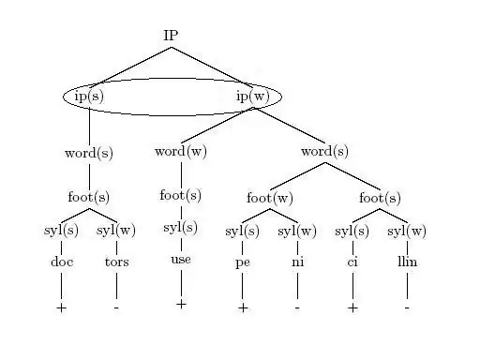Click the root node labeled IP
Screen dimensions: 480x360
(171, 36)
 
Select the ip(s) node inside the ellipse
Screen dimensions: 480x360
(89, 96)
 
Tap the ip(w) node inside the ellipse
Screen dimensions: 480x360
(253, 96)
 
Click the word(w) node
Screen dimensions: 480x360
(181, 152)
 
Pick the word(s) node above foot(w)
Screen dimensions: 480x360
(324, 152)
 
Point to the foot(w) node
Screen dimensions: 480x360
(270, 198)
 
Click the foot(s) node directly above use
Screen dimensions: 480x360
(180, 195)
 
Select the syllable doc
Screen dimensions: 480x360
(62, 262)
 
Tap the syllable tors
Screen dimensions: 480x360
(117, 262)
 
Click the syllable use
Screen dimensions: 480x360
(181, 260)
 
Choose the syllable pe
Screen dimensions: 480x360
(243, 262)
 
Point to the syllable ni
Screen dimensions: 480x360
(297, 262)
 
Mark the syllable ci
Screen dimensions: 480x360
(352, 262)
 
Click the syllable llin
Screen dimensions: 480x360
(407, 262)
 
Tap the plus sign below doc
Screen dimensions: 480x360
(62, 308)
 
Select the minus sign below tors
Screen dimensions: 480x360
(116, 308)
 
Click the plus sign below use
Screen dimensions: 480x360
(181, 304)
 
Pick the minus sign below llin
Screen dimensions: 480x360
(407, 308)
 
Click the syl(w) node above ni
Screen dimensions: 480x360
(297, 232)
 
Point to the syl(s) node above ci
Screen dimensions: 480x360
(352, 232)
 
